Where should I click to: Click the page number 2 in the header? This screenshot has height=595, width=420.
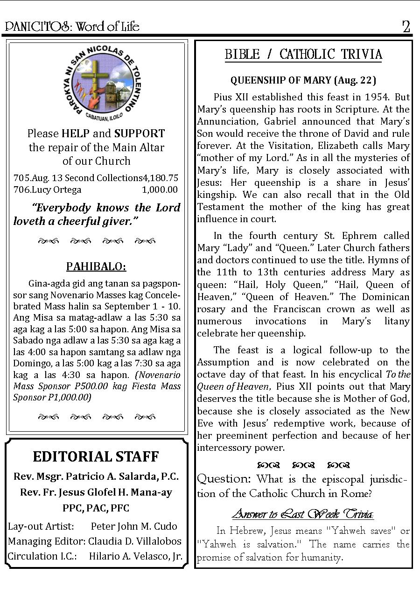pyautogui.click(x=406, y=27)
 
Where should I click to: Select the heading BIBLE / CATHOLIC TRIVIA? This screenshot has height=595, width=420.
pyautogui.click(x=303, y=55)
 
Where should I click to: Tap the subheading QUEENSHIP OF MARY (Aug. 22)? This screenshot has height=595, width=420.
pyautogui.click(x=303, y=80)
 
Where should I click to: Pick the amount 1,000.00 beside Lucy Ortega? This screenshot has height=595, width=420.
pyautogui.click(x=160, y=189)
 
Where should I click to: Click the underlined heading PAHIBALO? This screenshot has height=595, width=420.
pyautogui.click(x=96, y=266)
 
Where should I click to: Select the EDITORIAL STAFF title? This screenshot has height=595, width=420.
pyautogui.click(x=96, y=456)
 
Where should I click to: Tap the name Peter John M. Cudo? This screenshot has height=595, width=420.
pyautogui.click(x=134, y=526)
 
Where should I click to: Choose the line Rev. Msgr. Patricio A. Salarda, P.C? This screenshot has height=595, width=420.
pyautogui.click(x=96, y=476)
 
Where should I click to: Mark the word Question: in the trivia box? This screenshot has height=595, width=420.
pyautogui.click(x=224, y=479)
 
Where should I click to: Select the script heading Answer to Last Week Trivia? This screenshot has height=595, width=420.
pyautogui.click(x=303, y=514)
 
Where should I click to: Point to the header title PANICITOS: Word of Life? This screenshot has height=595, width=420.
pyautogui.click(x=72, y=27)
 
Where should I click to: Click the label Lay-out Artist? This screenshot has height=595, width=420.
pyautogui.click(x=41, y=526)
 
